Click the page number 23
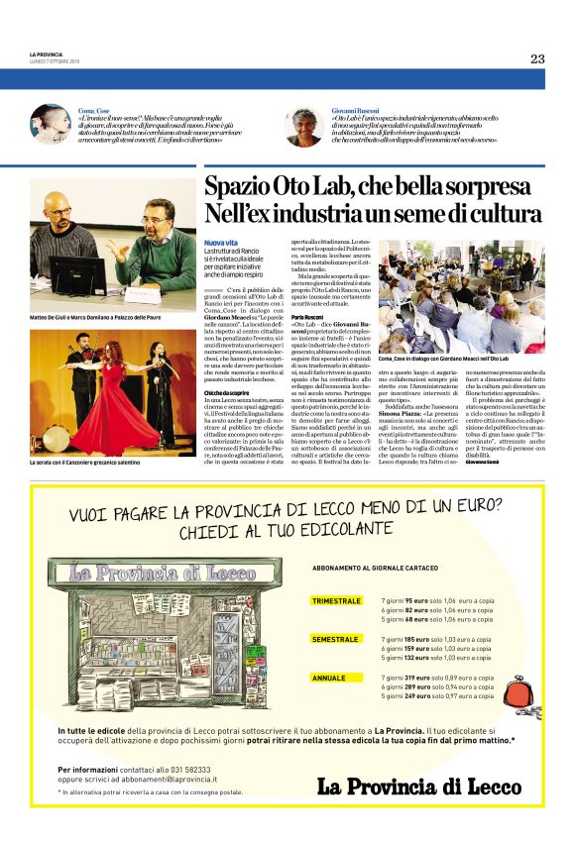(x=536, y=58)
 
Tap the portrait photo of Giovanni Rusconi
(x=303, y=126)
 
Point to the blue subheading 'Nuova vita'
(x=220, y=243)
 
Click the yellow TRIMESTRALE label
(x=336, y=600)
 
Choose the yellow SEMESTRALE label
(x=334, y=639)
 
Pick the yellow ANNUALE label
(x=328, y=678)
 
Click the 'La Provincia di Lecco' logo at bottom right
(x=418, y=787)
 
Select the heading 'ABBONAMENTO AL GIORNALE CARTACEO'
(x=375, y=568)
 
